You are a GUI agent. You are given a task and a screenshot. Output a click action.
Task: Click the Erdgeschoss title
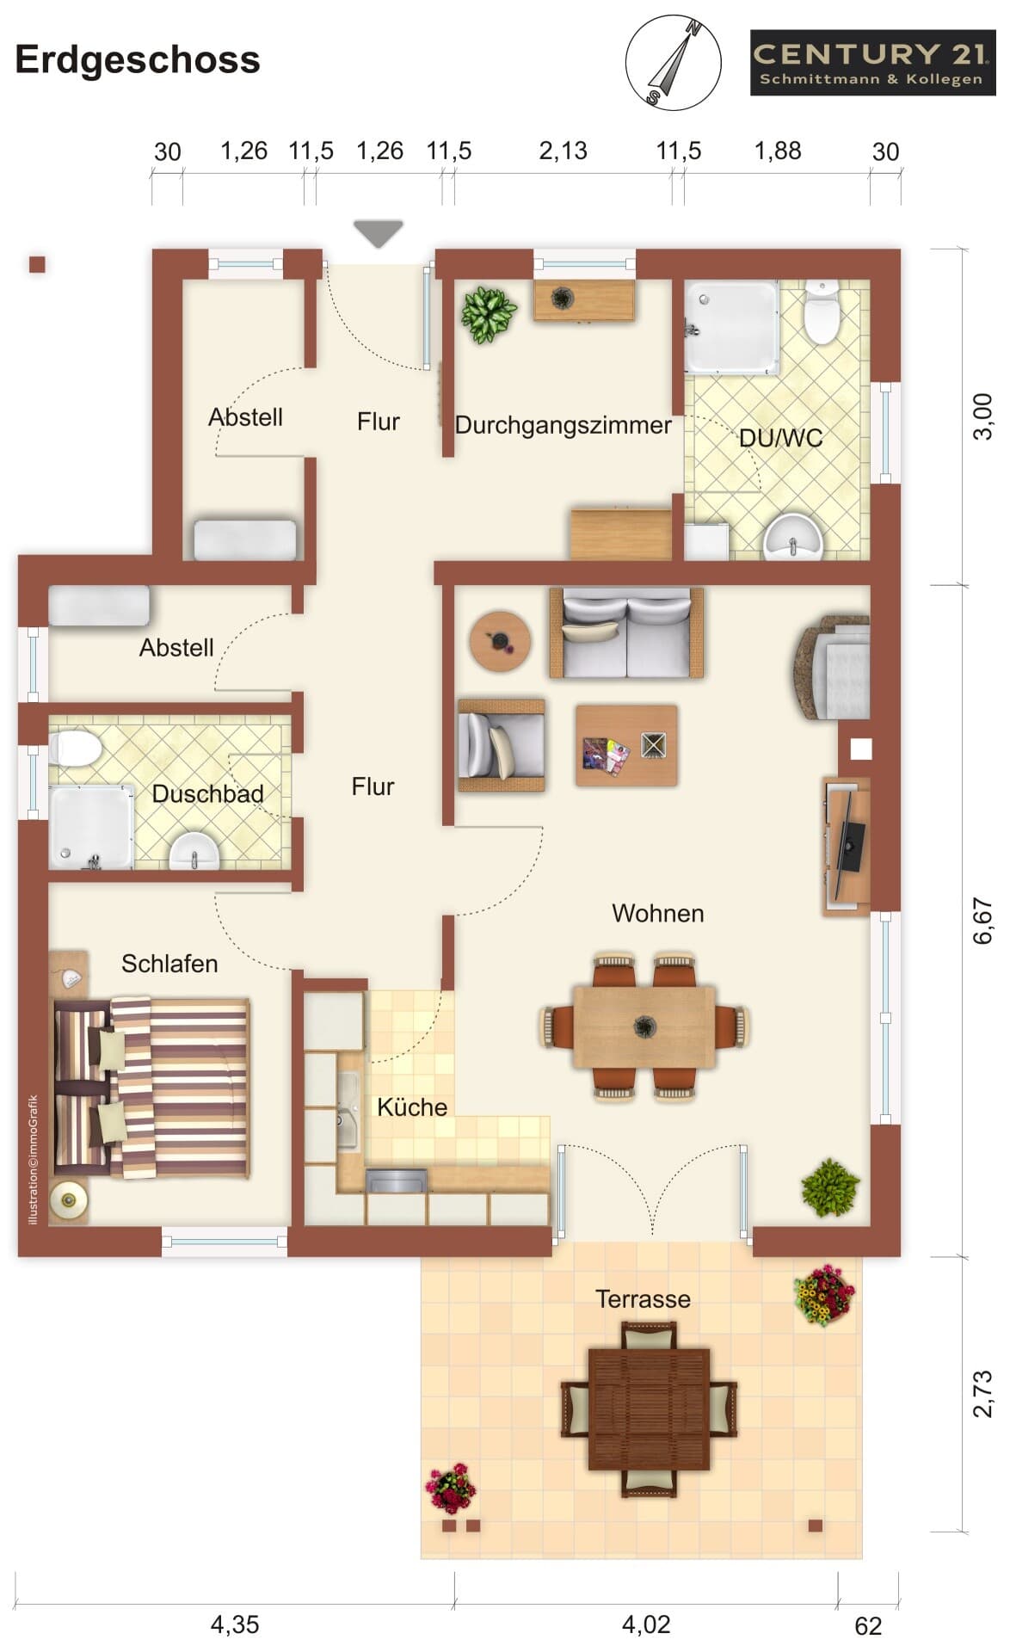(x=138, y=60)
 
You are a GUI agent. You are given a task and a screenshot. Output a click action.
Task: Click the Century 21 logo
(x=872, y=63)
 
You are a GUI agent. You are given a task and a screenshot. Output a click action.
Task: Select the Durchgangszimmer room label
(x=563, y=425)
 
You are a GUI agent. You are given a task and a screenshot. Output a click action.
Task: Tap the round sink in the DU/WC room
(x=792, y=536)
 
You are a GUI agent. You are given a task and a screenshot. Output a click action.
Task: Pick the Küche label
(x=412, y=1107)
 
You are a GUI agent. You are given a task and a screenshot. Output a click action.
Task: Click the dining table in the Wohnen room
(x=644, y=1026)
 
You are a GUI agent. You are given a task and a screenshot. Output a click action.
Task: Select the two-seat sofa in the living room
(x=626, y=632)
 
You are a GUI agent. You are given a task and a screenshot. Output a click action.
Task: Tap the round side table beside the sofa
(x=500, y=641)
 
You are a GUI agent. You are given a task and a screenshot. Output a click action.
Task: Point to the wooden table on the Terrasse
(x=650, y=1409)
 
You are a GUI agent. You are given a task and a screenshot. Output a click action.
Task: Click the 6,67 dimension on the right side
(x=982, y=921)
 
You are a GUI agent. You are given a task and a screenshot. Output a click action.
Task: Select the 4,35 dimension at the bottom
(x=235, y=1624)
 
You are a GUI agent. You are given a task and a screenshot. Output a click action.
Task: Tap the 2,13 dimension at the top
(x=563, y=151)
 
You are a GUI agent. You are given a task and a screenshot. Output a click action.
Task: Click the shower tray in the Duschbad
(x=91, y=826)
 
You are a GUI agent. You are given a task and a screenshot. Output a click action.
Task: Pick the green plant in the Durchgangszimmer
(x=489, y=313)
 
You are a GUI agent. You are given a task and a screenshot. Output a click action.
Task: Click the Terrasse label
(x=643, y=1299)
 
